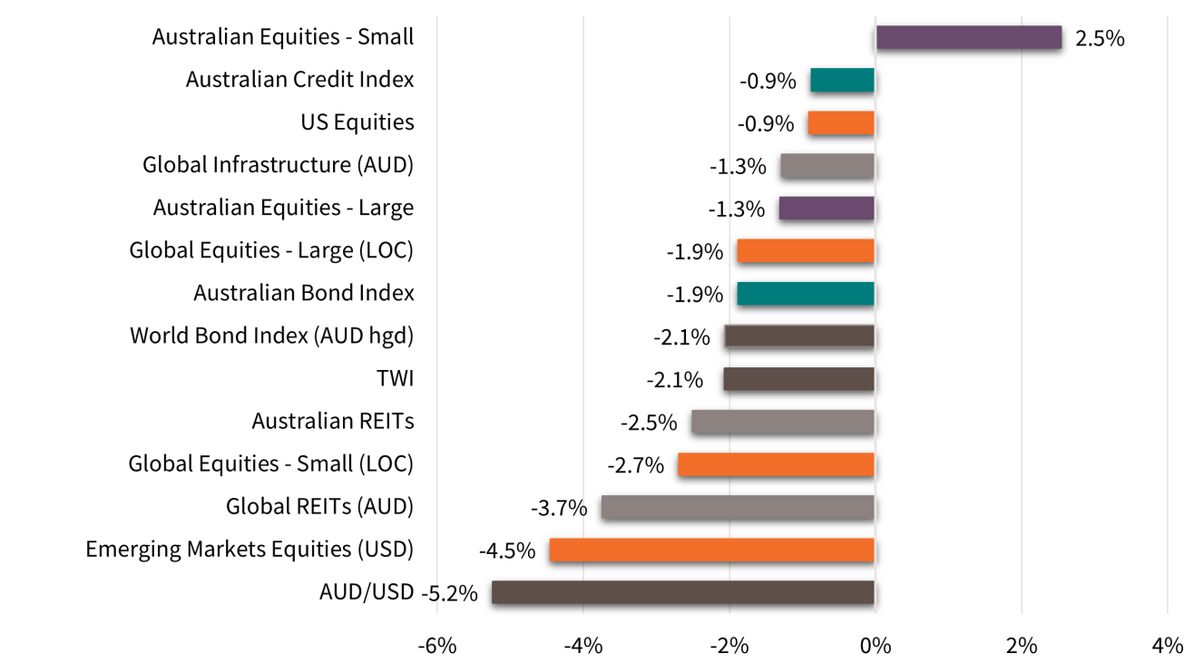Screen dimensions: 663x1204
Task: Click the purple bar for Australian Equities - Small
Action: pyautogui.click(x=968, y=37)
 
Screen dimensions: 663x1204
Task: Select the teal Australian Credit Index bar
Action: pyautogui.click(x=842, y=80)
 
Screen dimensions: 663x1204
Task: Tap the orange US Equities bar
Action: pyautogui.click(x=841, y=122)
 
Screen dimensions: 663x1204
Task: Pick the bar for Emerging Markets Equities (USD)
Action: pyautogui.click(x=711, y=551)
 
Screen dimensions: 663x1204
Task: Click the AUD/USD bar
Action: pyautogui.click(x=683, y=593)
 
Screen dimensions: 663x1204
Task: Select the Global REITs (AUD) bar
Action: pyautogui.click(x=738, y=507)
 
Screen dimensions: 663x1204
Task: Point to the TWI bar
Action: pyautogui.click(x=799, y=379)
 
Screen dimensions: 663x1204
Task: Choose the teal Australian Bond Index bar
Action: pyautogui.click(x=806, y=294)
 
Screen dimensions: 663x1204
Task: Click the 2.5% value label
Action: pyautogui.click(x=1100, y=39)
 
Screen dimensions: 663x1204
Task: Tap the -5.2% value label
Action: pyautogui.click(x=449, y=593)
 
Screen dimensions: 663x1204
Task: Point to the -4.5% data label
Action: pyautogui.click(x=507, y=551)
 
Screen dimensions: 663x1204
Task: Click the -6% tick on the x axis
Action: pyautogui.click(x=436, y=646)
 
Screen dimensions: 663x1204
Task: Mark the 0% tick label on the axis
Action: pyautogui.click(x=875, y=646)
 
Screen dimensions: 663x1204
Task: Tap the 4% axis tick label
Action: pyautogui.click(x=1167, y=646)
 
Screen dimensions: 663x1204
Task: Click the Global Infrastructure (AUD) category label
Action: pyautogui.click(x=278, y=165)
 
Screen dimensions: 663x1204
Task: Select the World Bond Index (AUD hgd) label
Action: pyautogui.click(x=271, y=336)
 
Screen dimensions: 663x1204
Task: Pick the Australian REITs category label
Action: pyautogui.click(x=332, y=421)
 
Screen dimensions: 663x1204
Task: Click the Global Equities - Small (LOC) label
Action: pyautogui.click(x=270, y=464)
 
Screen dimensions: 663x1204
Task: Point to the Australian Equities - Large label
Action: pyautogui.click(x=283, y=208)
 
